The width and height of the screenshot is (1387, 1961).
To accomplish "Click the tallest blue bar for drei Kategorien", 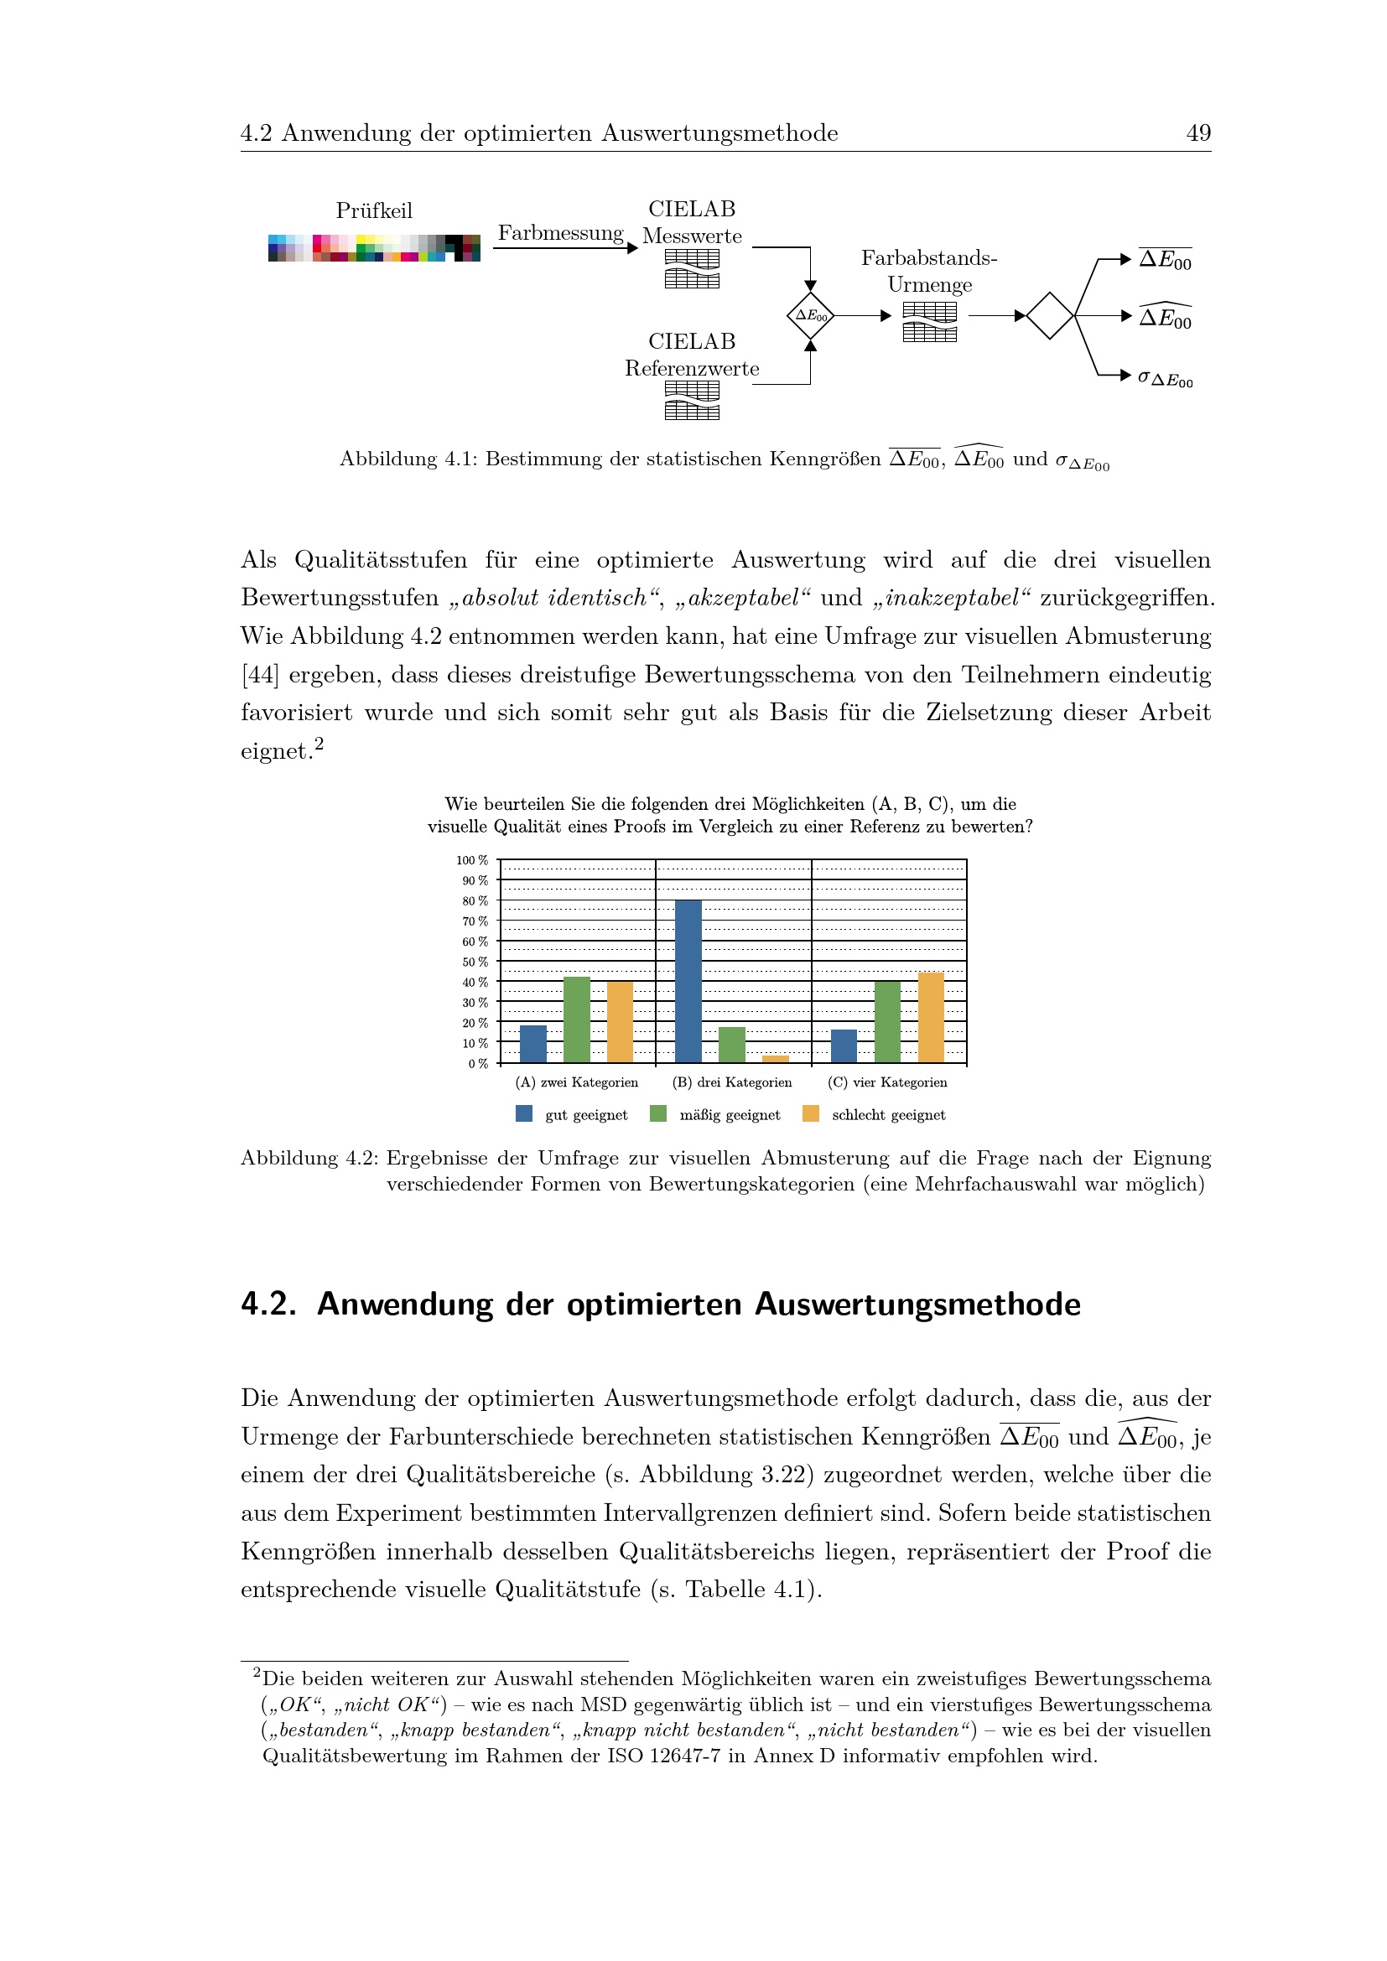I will click(688, 981).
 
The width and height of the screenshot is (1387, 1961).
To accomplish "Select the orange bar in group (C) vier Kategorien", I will click(930, 1017).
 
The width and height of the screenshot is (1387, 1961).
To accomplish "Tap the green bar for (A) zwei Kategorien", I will click(576, 1019).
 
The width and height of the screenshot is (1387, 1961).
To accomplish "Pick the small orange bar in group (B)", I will click(776, 1059).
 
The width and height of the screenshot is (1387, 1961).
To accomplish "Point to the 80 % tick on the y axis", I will click(475, 901).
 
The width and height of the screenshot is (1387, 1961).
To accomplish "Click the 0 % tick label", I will click(477, 1063).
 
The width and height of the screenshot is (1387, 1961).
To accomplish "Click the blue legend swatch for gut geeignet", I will click(524, 1113).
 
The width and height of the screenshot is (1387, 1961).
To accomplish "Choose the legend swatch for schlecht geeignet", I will click(811, 1113).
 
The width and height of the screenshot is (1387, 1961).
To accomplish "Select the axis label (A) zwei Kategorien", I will click(576, 1082).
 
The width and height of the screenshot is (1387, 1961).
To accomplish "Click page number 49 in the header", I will click(1197, 133).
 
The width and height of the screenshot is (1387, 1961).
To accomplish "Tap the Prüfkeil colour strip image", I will click(374, 247).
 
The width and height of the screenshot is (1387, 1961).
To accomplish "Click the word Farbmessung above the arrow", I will click(560, 233).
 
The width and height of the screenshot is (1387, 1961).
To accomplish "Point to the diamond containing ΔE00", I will click(811, 316).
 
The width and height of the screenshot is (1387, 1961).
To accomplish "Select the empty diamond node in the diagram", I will click(1050, 316).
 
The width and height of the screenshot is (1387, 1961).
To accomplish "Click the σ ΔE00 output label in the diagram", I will click(1165, 377).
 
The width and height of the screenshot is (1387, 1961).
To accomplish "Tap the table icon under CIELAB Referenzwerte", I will click(692, 401).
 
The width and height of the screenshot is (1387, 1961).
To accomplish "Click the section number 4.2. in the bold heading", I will click(268, 1305).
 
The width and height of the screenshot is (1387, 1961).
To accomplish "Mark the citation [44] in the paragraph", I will click(260, 675).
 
